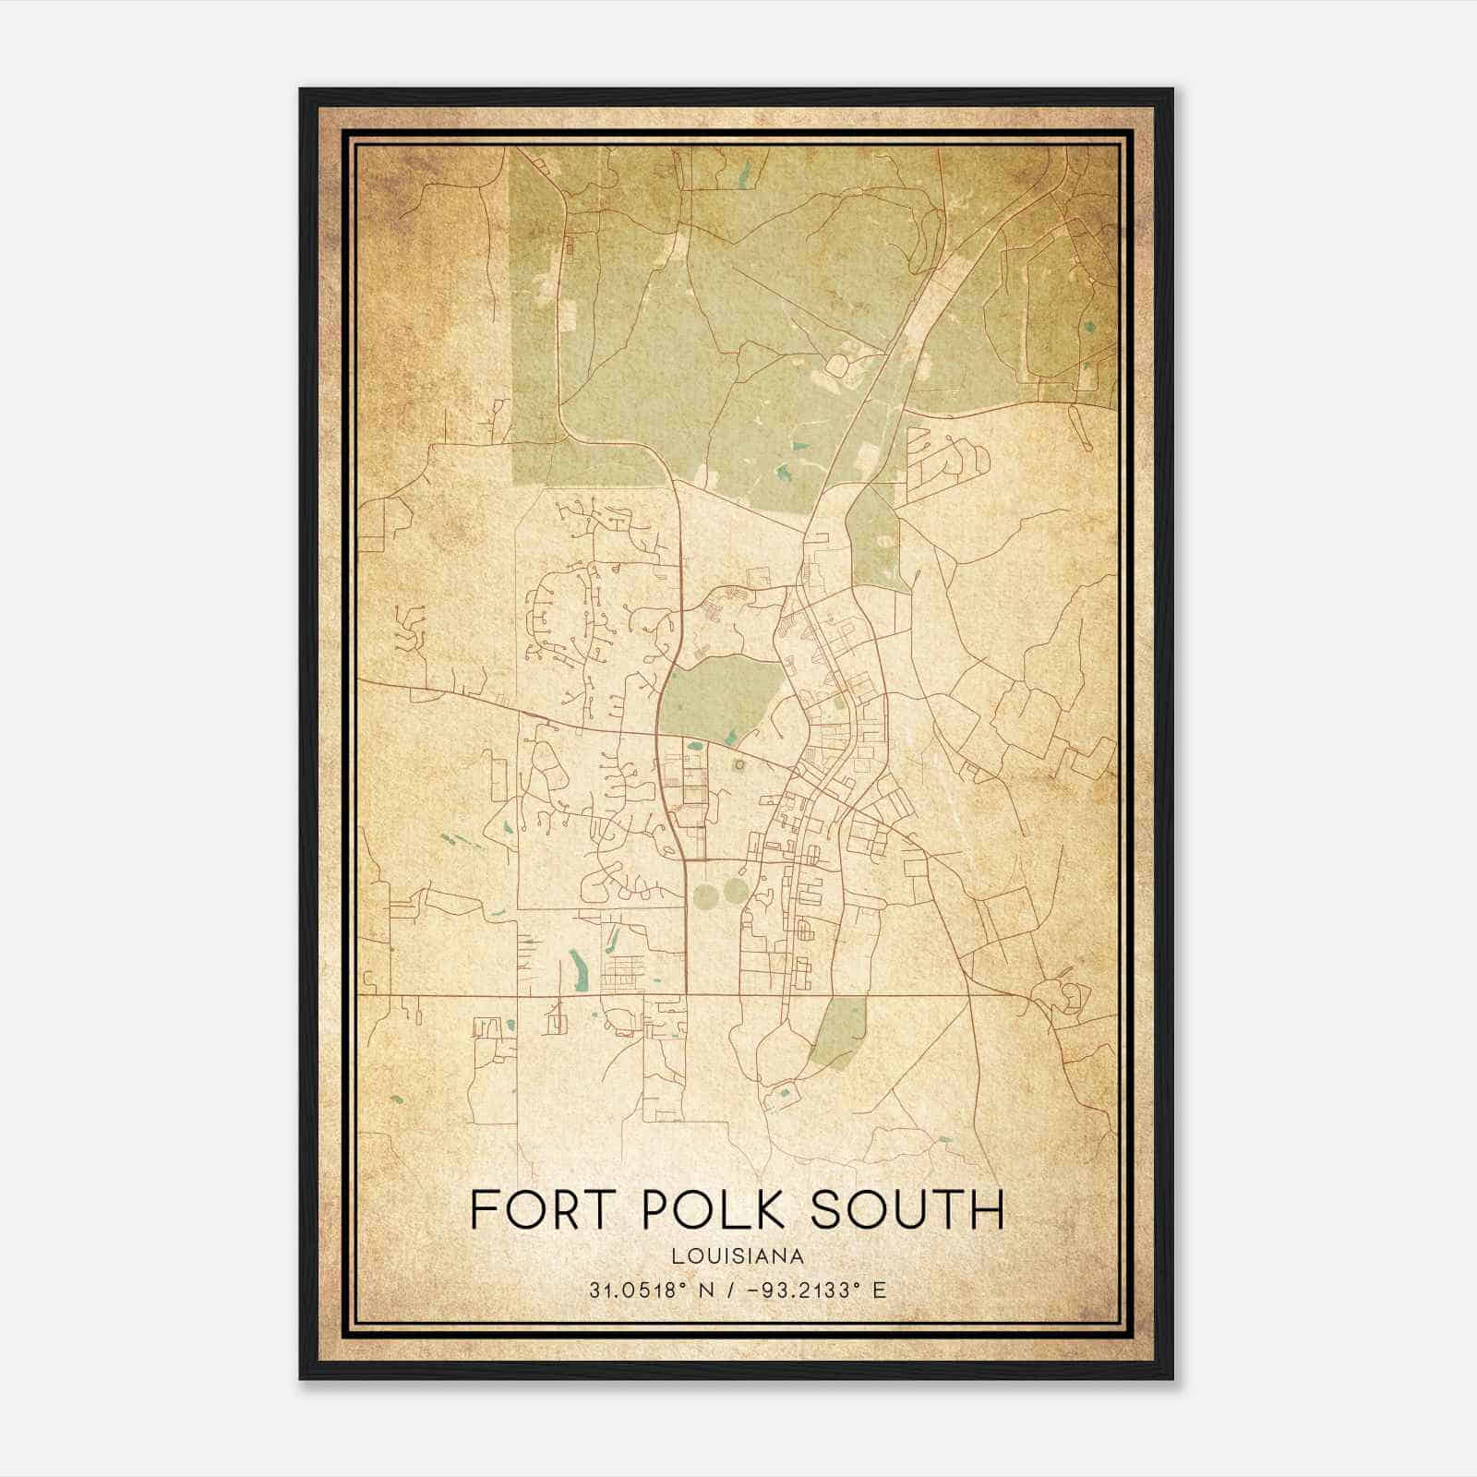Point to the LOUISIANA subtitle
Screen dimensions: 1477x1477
pyautogui.click(x=738, y=1256)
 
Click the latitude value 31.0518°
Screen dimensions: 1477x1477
pyautogui.click(x=637, y=1291)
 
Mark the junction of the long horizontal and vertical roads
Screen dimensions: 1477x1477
pyautogui.click(x=687, y=996)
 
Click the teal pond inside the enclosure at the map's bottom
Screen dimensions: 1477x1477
pyautogui.click(x=786, y=1094)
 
